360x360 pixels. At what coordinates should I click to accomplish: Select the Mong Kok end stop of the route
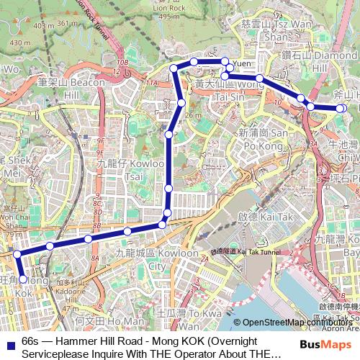(23, 279)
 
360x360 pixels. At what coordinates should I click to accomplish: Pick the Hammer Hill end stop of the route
(341, 108)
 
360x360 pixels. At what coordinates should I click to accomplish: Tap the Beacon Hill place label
(73, 89)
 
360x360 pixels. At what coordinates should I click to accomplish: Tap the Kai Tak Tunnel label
(245, 251)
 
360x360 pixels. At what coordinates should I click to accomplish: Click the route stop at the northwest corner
(174, 68)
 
